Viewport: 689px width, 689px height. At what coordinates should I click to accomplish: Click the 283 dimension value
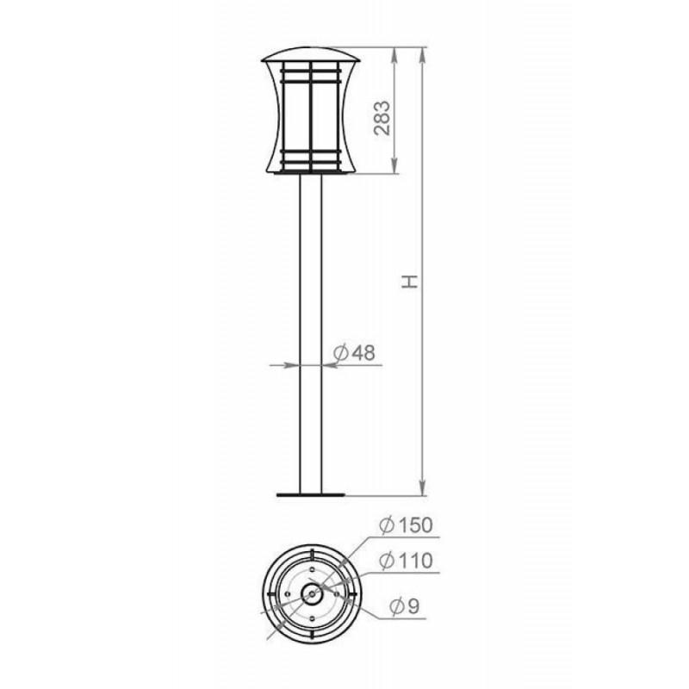[382, 118]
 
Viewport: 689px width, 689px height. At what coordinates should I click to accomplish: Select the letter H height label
[410, 282]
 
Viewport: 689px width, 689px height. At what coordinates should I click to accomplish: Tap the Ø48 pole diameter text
[354, 352]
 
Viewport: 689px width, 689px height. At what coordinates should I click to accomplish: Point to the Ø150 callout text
[406, 525]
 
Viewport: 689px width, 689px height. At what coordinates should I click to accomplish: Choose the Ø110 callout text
[406, 561]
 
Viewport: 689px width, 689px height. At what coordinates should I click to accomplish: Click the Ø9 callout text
[405, 607]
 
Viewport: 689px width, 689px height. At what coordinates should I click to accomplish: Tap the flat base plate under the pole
[311, 494]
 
